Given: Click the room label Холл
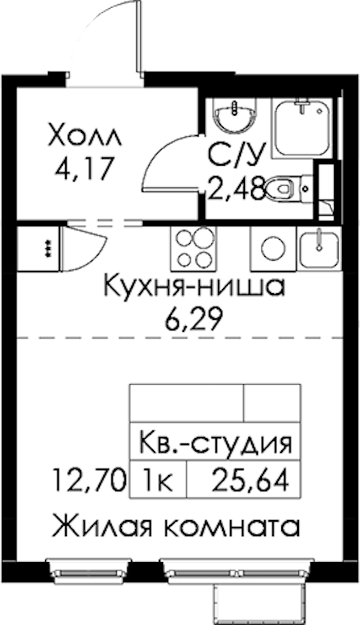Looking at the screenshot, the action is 85,136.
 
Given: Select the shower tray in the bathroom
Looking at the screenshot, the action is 302,129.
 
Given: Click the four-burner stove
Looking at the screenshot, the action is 194,248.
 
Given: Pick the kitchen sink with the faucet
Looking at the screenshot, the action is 319,248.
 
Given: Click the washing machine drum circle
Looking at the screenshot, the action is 274,248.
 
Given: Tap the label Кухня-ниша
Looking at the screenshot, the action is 194,287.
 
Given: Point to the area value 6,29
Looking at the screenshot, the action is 194,318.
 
